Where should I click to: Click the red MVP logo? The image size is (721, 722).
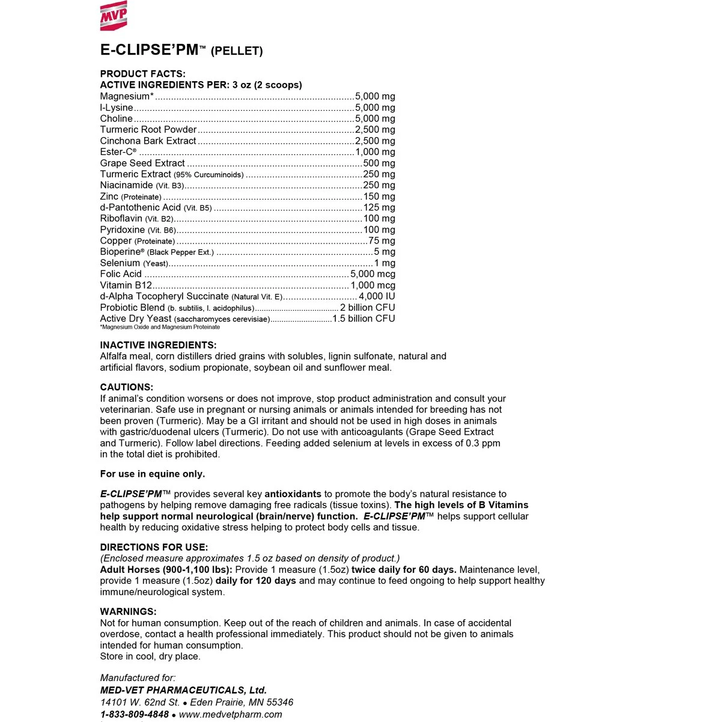click(x=113, y=16)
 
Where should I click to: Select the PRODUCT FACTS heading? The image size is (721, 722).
click(x=142, y=74)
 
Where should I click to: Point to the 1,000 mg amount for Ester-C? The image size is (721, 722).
click(x=375, y=152)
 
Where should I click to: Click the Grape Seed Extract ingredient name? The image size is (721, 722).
click(x=142, y=163)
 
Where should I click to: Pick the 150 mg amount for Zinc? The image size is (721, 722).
click(x=379, y=197)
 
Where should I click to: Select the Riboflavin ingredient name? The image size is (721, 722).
click(x=121, y=219)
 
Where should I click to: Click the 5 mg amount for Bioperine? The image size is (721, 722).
click(x=385, y=252)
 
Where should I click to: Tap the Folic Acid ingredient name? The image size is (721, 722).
click(x=121, y=274)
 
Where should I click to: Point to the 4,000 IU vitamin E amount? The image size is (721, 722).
click(x=377, y=296)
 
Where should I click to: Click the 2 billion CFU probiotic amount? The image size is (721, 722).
click(x=367, y=308)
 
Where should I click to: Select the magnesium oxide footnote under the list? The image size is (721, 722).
click(x=160, y=327)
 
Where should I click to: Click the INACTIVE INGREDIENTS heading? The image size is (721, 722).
click(x=158, y=345)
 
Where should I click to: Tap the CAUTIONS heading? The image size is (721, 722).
click(x=126, y=387)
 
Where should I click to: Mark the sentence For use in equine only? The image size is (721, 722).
click(x=153, y=474)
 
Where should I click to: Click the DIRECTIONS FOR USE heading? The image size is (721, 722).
click(x=154, y=547)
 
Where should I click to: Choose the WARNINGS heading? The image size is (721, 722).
click(x=128, y=612)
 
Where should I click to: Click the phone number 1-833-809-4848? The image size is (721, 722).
click(x=134, y=714)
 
